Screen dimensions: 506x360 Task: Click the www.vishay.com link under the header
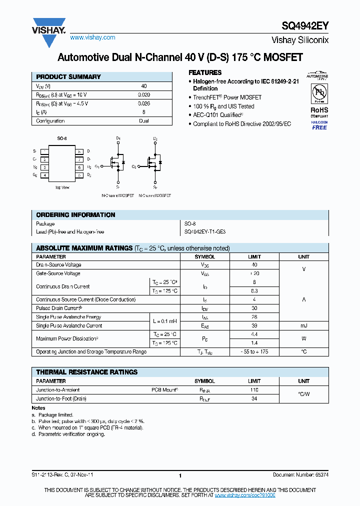coord(92,37)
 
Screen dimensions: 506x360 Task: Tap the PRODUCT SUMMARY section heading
coord(68,77)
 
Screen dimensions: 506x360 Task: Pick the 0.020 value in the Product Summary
coord(143,94)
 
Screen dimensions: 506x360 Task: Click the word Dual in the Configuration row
coord(144,121)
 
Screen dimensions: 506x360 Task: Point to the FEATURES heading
coord(205,72)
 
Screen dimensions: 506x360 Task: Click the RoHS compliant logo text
coord(319,110)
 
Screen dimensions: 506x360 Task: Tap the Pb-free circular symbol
coord(319,92)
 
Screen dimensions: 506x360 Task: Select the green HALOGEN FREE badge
coord(319,125)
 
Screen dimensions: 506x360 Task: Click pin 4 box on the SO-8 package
coord(45,175)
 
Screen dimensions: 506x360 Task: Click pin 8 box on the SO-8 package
coord(79,151)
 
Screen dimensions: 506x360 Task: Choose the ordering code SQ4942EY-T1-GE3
coord(205,232)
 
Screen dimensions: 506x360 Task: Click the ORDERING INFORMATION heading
coord(75,215)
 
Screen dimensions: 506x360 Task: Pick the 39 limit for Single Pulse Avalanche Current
coord(254,325)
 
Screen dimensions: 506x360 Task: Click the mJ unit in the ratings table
coord(303,325)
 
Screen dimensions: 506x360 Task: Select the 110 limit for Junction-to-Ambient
coord(254,389)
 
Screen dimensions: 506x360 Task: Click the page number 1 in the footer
coord(180,475)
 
